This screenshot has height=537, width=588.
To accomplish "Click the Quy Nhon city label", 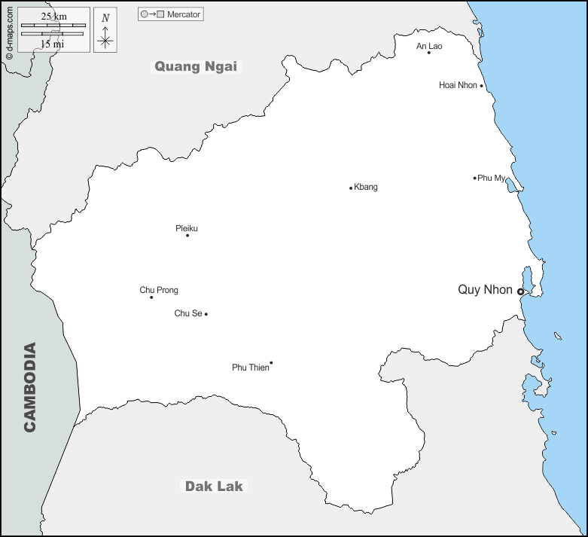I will (x=485, y=290).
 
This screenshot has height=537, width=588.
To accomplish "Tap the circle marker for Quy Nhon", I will (x=520, y=291).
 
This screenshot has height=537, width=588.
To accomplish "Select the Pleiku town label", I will (x=187, y=227).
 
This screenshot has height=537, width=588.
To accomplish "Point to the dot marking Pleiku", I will (x=187, y=236).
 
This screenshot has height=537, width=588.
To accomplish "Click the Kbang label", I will (x=366, y=187).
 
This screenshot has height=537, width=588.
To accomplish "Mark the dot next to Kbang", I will (x=351, y=188).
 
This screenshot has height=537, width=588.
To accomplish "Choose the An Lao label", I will (x=429, y=46).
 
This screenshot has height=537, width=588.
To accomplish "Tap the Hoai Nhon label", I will (x=458, y=85).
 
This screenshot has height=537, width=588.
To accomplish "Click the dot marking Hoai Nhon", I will (x=481, y=86).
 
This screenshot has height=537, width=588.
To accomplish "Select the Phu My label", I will (x=492, y=178).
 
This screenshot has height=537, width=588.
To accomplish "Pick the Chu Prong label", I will (x=159, y=290).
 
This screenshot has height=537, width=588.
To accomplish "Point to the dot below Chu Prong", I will (x=151, y=297).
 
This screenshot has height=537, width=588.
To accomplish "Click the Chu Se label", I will (x=187, y=313).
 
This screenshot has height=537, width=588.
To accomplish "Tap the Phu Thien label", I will (x=250, y=368).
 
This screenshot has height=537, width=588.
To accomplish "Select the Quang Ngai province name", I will (x=196, y=66).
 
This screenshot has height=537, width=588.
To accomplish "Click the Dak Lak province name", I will (x=214, y=486).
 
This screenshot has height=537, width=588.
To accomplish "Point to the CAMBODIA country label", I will (x=30, y=387).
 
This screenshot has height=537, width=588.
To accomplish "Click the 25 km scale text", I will (x=53, y=16).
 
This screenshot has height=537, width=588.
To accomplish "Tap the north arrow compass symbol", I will (x=105, y=31).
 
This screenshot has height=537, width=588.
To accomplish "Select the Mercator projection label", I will (x=184, y=14).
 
